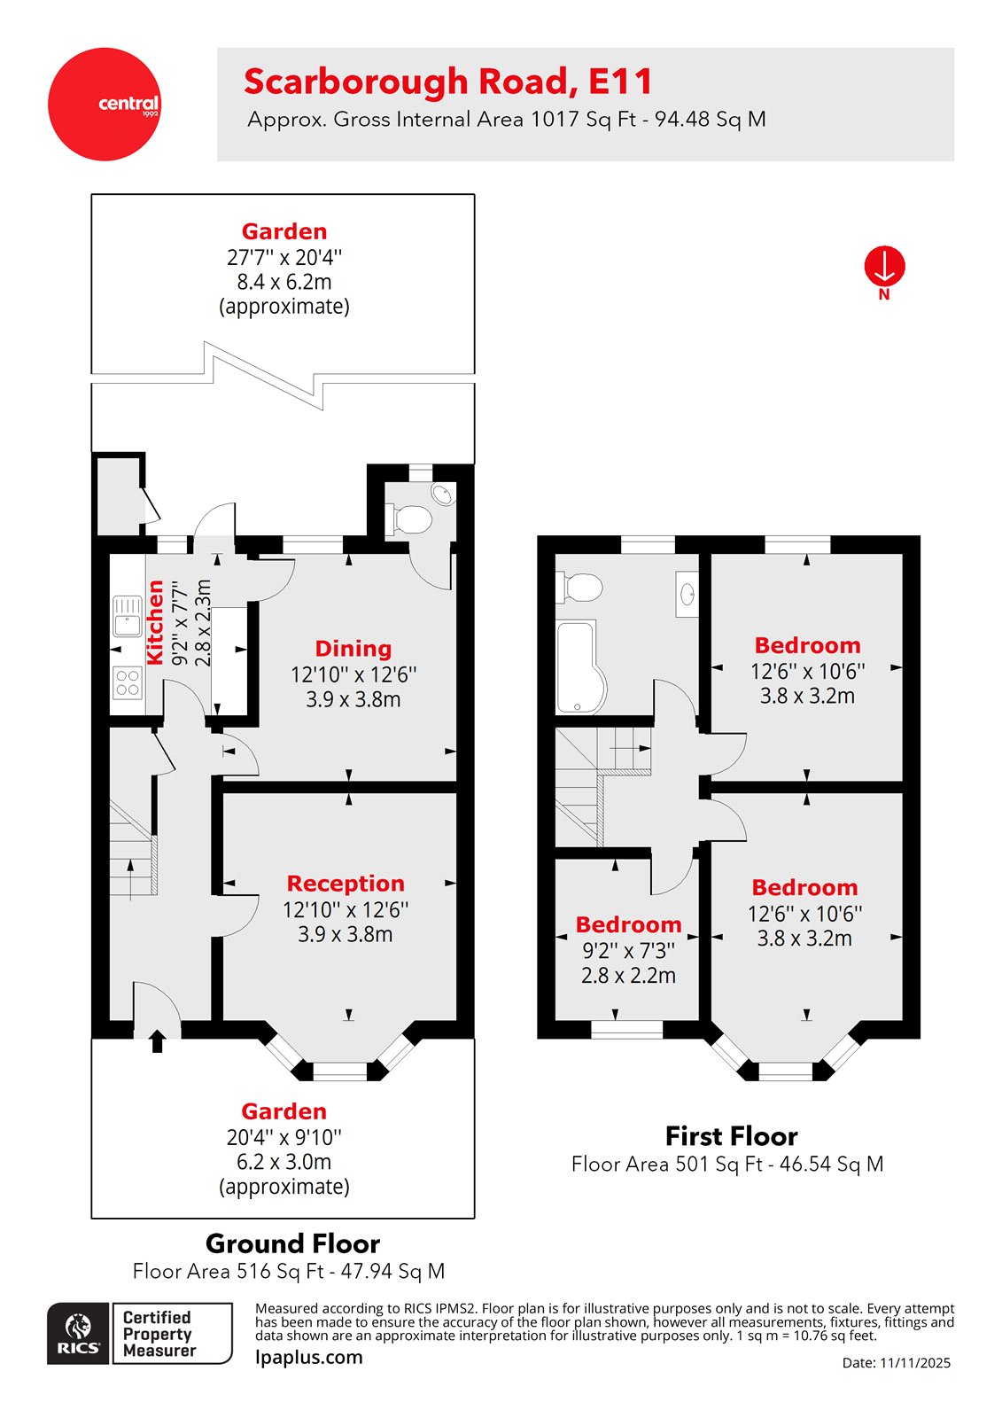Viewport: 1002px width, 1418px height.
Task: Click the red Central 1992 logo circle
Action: coord(105,105)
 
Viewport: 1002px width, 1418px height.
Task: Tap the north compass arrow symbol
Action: coord(884,266)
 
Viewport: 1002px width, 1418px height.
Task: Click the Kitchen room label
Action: coord(155,622)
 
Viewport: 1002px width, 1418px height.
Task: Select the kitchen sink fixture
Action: coord(128,616)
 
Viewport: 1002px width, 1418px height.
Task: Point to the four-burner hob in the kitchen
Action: coord(128,682)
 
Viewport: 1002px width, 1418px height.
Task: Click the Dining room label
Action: coord(353,649)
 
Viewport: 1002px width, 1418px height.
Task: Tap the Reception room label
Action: coord(346,884)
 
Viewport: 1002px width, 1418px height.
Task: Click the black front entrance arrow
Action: coord(158,1040)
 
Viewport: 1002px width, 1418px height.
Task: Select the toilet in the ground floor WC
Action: coord(410,518)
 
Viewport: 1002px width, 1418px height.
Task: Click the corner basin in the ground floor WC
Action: coord(442,494)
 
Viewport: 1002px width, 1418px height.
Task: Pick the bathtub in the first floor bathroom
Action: coord(579,666)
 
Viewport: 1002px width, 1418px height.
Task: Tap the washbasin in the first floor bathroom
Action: coord(687,594)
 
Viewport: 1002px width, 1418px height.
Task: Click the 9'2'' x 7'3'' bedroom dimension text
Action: coord(628,951)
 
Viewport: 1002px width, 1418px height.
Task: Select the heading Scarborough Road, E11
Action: coord(448,82)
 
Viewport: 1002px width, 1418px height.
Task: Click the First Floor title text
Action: coord(731,1136)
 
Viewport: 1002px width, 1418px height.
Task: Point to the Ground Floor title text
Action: coord(292,1243)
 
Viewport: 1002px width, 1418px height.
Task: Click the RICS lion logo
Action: coord(78,1333)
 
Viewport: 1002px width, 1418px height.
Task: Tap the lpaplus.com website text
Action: coord(308,1357)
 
